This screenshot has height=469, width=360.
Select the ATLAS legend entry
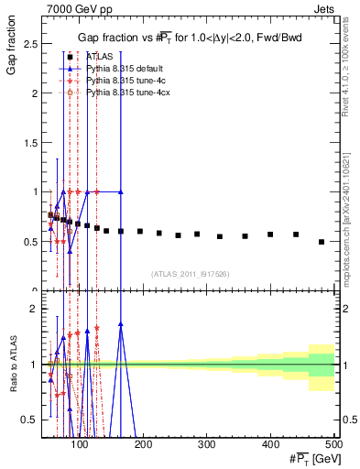point(103,56)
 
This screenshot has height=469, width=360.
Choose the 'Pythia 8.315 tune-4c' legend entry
point(125,81)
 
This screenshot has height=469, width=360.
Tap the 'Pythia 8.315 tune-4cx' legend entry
point(127,93)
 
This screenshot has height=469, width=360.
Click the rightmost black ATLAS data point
point(321,242)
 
